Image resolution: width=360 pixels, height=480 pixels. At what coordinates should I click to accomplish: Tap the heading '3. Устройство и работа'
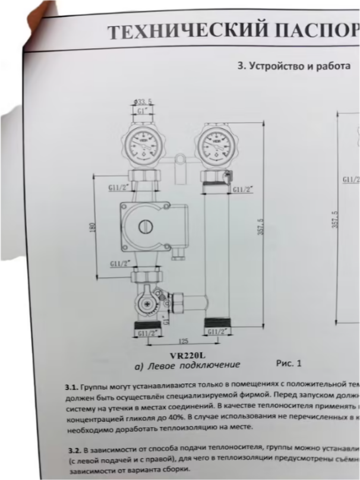point(293,66)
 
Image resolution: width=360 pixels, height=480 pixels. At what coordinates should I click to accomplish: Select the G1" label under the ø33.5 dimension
point(142,110)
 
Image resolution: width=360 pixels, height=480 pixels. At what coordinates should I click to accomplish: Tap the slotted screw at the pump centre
point(146,226)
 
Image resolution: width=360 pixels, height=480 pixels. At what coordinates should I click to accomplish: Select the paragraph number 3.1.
point(71,386)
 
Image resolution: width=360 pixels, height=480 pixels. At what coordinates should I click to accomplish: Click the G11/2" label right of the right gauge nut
point(242,189)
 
